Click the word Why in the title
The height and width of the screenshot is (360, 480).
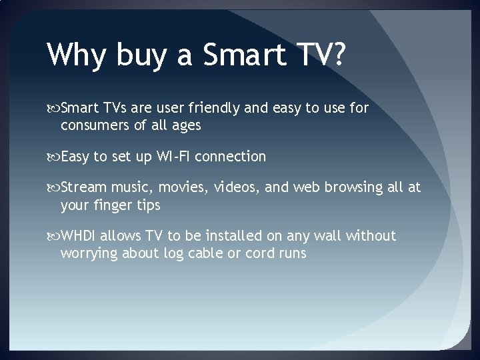point(74,55)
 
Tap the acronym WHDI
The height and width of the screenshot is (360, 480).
point(79,236)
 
